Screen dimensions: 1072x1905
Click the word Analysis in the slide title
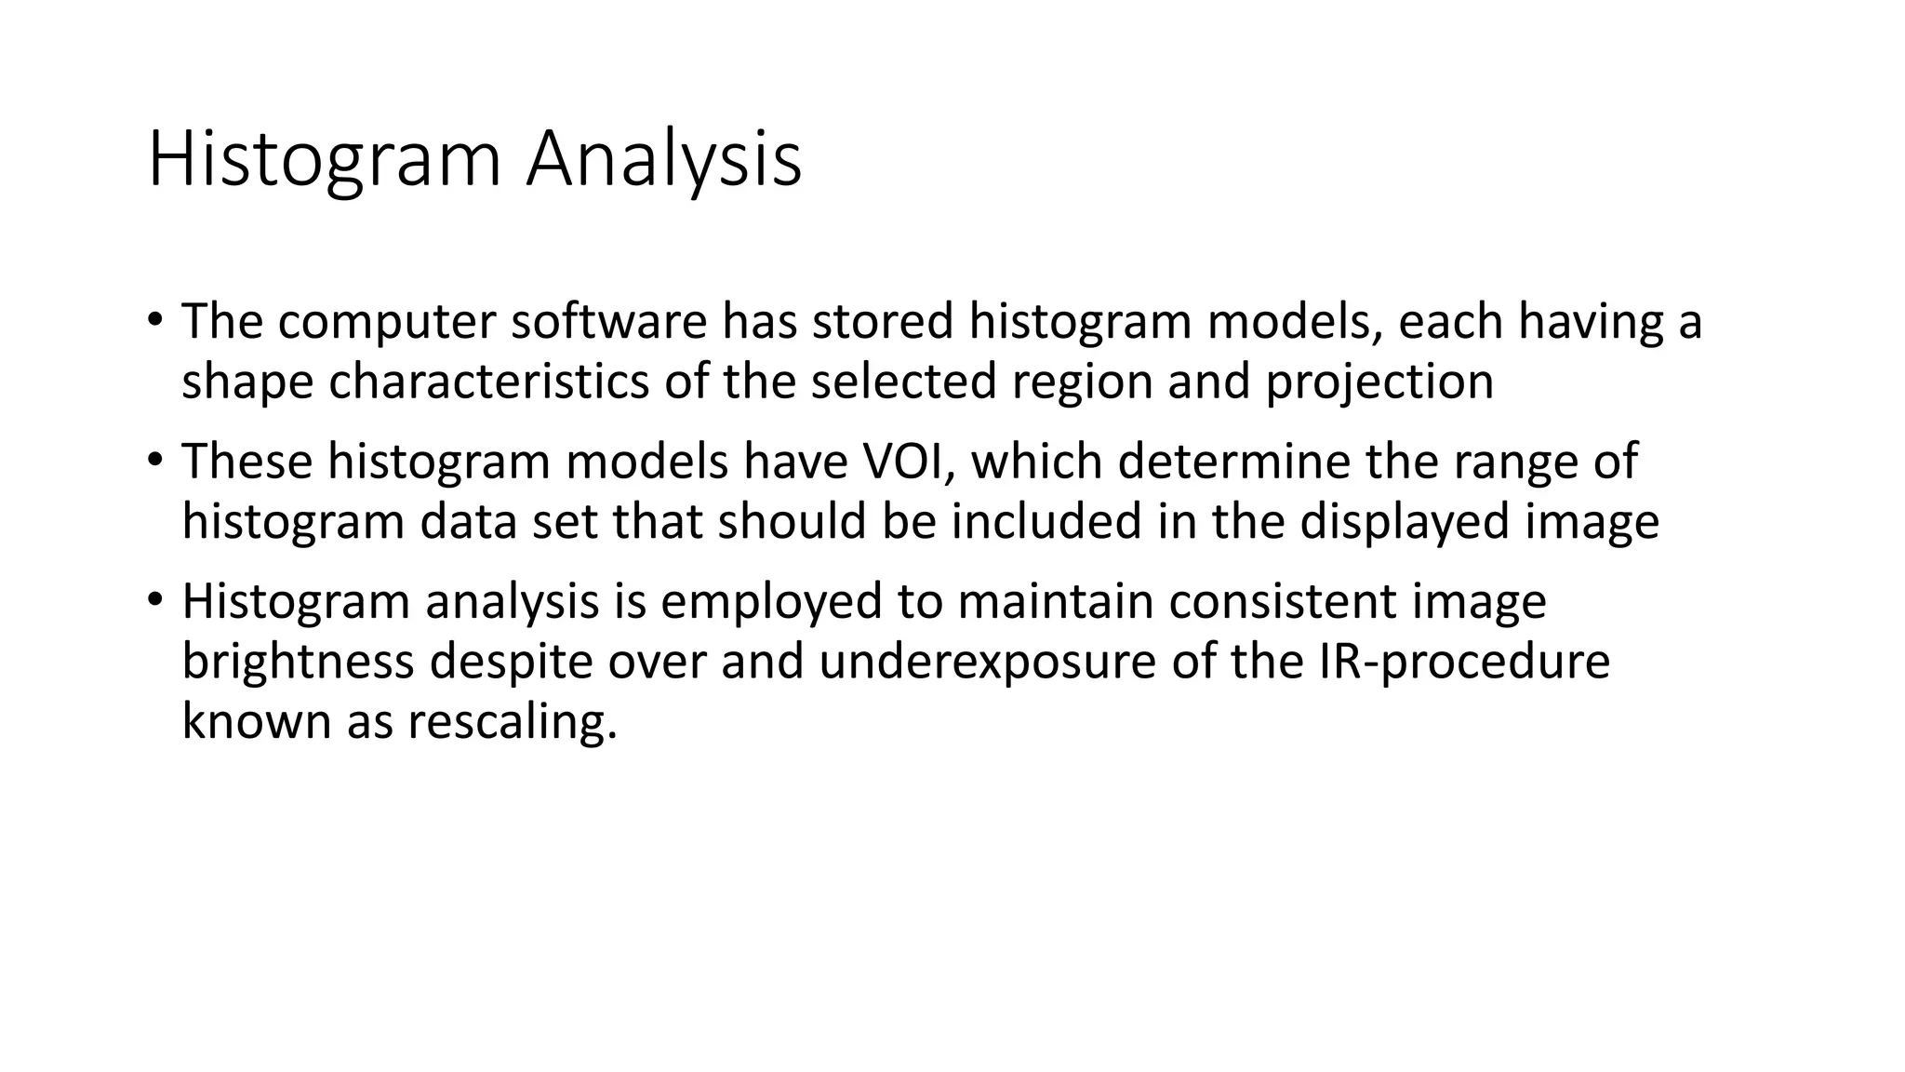tap(663, 160)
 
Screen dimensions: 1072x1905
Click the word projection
tap(1379, 382)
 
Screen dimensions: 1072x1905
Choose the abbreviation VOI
tap(897, 462)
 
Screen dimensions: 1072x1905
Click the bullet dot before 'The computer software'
tap(154, 321)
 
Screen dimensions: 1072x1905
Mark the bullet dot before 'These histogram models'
tap(154, 461)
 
